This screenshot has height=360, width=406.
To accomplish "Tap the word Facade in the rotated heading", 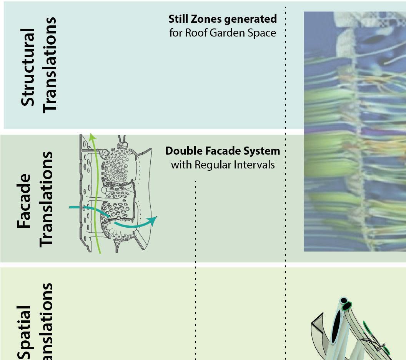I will [x=24, y=201].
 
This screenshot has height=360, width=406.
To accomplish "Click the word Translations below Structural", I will [x=50, y=64].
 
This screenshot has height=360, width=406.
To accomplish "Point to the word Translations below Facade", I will [x=46, y=198].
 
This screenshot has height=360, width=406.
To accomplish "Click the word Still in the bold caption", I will [x=177, y=19].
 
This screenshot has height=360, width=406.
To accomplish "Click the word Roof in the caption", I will [x=195, y=33].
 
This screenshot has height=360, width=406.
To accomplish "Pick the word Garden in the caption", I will [x=223, y=33].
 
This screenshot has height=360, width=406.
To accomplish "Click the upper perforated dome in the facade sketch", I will [x=117, y=167].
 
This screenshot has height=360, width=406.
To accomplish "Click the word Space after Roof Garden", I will [x=262, y=33].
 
